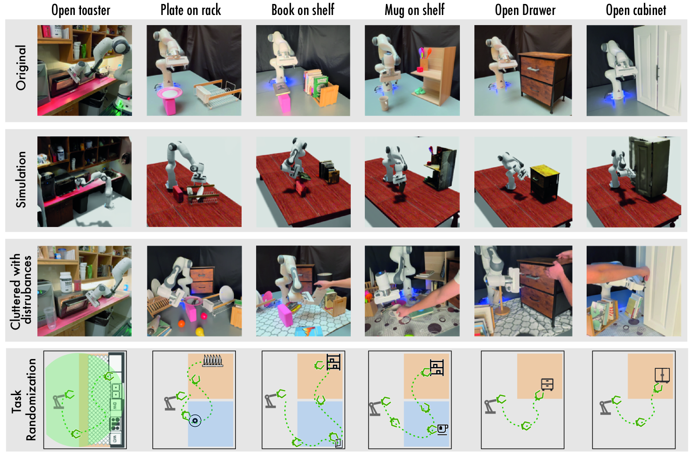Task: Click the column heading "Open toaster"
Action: (x=81, y=10)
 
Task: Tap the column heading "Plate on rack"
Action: (x=191, y=10)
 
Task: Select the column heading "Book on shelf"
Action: (x=303, y=10)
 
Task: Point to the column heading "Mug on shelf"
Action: (x=415, y=10)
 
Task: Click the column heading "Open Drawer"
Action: (x=525, y=10)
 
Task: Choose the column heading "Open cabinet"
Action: (x=636, y=10)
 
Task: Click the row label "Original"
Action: (x=21, y=68)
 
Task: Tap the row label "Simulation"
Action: (x=21, y=180)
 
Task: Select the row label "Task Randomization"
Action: (x=24, y=400)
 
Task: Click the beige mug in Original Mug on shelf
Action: (x=384, y=103)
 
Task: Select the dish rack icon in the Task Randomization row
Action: (x=213, y=361)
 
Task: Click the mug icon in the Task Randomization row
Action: (x=443, y=429)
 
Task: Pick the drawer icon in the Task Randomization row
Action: (x=547, y=385)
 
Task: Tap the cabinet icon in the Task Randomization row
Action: (x=662, y=375)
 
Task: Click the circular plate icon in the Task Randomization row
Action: (x=195, y=421)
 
